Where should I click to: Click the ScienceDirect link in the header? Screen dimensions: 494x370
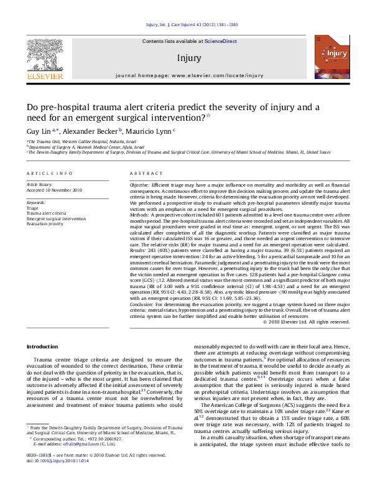click(221, 40)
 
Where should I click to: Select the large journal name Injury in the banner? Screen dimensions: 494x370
click(189, 58)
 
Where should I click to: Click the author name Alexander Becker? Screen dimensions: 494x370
click(91, 131)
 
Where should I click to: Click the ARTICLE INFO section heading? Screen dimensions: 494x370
click(49, 174)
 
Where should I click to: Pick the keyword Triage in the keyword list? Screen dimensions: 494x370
click(33, 208)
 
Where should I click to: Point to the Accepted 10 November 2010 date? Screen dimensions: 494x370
click(54, 190)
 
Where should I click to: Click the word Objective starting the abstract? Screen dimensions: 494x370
click(139, 186)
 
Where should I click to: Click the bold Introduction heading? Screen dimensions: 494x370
click(42, 347)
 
